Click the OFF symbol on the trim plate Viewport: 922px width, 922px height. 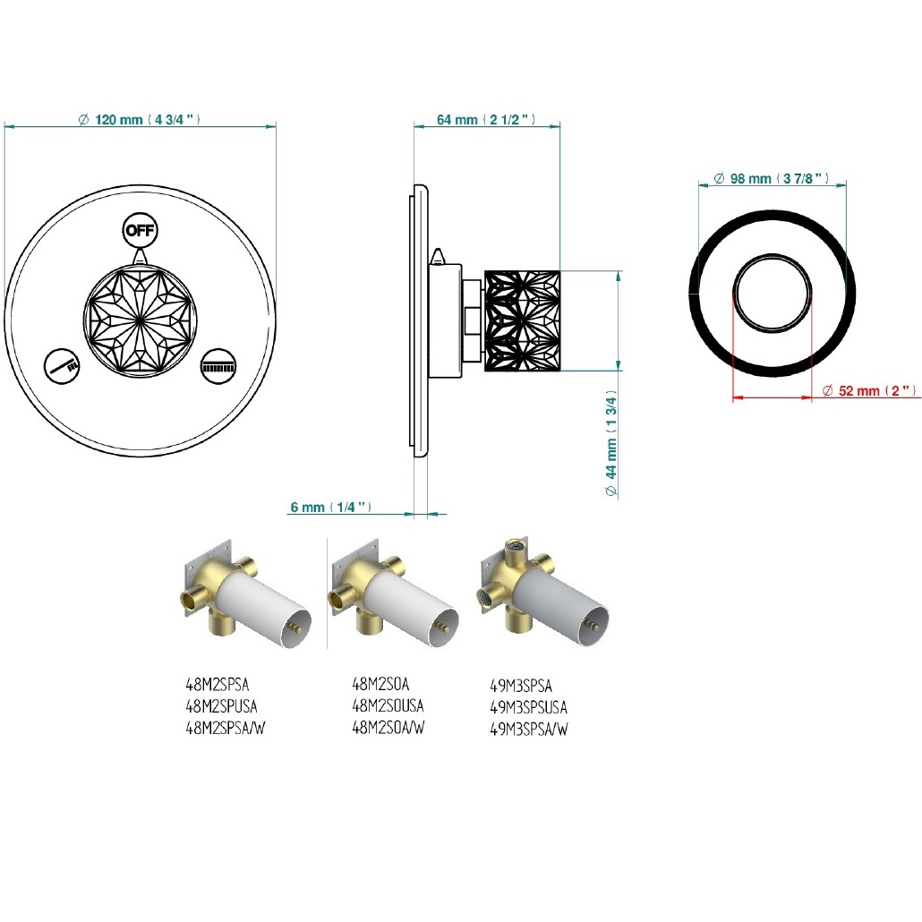point(140,230)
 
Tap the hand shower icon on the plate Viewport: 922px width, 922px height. point(63,367)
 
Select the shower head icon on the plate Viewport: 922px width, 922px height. point(218,367)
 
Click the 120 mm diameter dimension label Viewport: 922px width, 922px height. point(140,119)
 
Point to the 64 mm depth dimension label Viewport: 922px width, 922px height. point(486,119)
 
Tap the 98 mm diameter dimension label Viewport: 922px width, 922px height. point(772,178)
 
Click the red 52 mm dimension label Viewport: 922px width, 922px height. point(870,390)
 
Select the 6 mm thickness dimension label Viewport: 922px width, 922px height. point(331,507)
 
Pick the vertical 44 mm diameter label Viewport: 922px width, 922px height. point(611,443)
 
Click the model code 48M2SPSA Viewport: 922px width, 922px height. point(218,685)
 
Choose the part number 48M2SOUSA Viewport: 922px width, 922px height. point(388,705)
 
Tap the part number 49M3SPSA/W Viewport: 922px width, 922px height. point(529,730)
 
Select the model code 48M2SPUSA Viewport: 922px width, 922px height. point(222,705)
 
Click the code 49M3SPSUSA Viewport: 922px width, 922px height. point(529,707)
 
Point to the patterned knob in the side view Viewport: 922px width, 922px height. point(522,321)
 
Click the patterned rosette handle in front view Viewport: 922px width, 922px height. point(140,321)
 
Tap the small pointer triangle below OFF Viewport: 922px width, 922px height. point(140,256)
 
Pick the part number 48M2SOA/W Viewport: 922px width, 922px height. point(388,728)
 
